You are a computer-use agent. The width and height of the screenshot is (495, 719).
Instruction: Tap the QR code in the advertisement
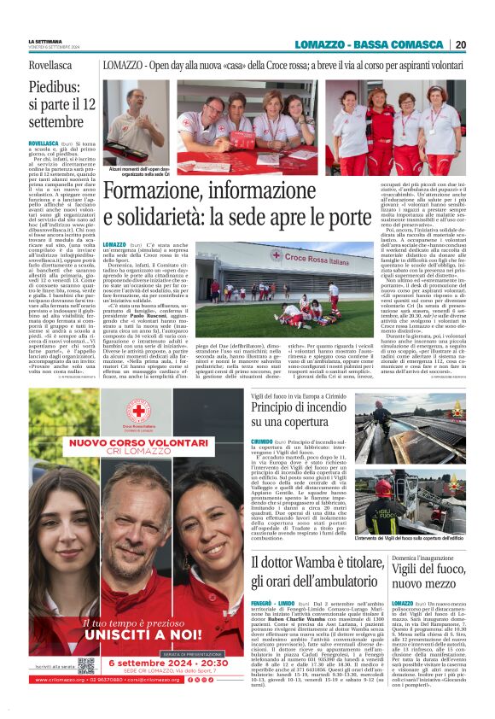[x=85, y=664]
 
